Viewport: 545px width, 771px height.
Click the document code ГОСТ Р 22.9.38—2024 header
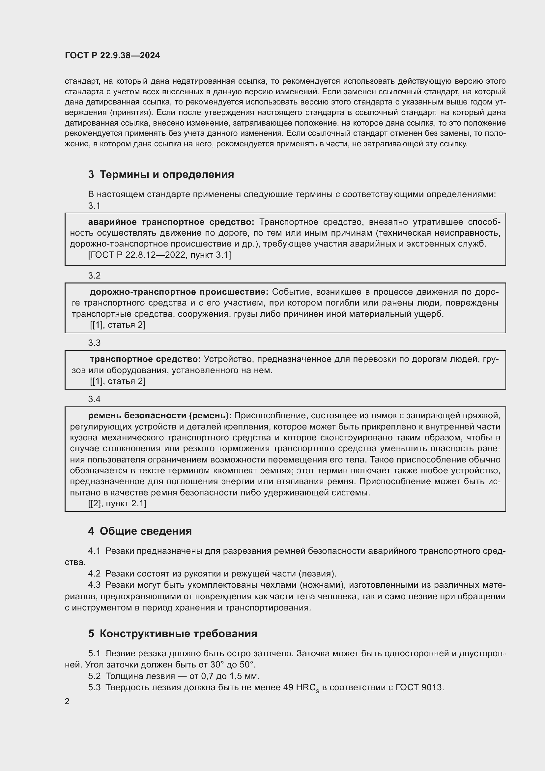(x=112, y=56)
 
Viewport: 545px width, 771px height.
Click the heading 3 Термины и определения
(x=161, y=175)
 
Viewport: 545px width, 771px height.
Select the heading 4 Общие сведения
(x=140, y=531)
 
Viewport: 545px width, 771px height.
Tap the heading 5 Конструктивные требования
(x=173, y=633)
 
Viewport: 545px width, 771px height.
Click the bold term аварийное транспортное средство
(x=171, y=222)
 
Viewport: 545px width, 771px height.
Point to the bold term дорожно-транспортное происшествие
(x=179, y=292)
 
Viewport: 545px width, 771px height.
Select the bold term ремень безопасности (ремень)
(x=160, y=415)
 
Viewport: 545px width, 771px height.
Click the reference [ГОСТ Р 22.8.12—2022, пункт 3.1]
(x=159, y=255)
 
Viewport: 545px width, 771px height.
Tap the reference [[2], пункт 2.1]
(x=117, y=503)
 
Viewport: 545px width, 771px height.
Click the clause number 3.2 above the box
(x=94, y=275)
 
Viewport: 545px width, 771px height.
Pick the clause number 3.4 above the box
(x=94, y=399)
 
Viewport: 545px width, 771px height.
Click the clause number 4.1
(x=94, y=551)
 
